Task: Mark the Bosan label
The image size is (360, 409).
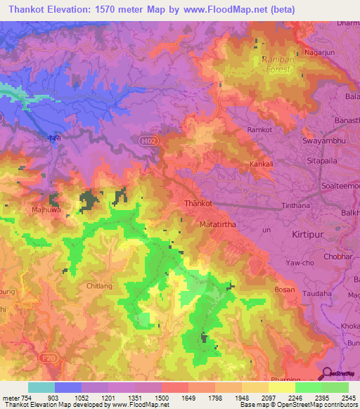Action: (285, 290)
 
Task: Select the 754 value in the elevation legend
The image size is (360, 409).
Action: (20, 398)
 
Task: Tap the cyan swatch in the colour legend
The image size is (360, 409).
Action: (41, 387)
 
